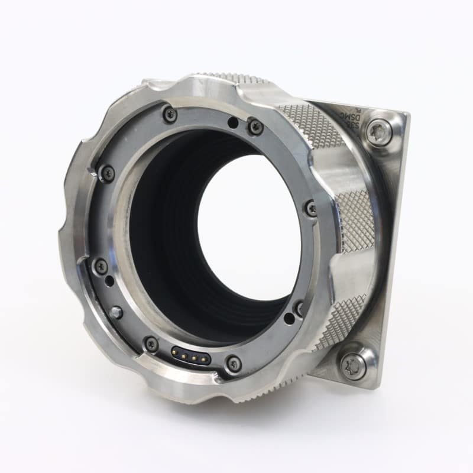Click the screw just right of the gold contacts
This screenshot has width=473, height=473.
234,363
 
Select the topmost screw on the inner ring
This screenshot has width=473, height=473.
170,114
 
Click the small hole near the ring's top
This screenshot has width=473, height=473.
234,123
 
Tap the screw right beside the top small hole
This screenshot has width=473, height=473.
255,127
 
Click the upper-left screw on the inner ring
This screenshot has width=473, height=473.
107,173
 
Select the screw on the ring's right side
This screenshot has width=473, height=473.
311,208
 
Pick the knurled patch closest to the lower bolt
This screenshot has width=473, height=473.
339,322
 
